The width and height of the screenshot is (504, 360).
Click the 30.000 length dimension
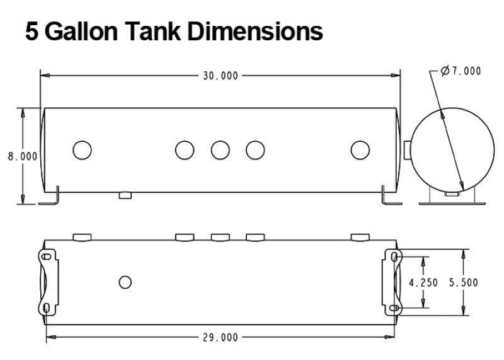[x=220, y=76]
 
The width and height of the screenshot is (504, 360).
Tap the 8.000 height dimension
[x=22, y=156]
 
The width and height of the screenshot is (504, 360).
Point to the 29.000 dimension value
[x=220, y=337]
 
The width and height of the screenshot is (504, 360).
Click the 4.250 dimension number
[x=423, y=283]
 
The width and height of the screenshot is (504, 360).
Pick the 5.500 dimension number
[x=463, y=283]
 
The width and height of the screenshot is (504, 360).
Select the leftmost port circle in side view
[x=82, y=150]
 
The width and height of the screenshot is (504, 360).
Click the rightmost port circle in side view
[x=360, y=150]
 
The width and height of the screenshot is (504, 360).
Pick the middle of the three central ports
[x=220, y=150]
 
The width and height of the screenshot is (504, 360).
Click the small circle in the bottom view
[x=125, y=282]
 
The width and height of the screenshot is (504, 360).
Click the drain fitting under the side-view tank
[x=125, y=195]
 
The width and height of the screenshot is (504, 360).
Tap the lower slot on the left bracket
[x=48, y=307]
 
